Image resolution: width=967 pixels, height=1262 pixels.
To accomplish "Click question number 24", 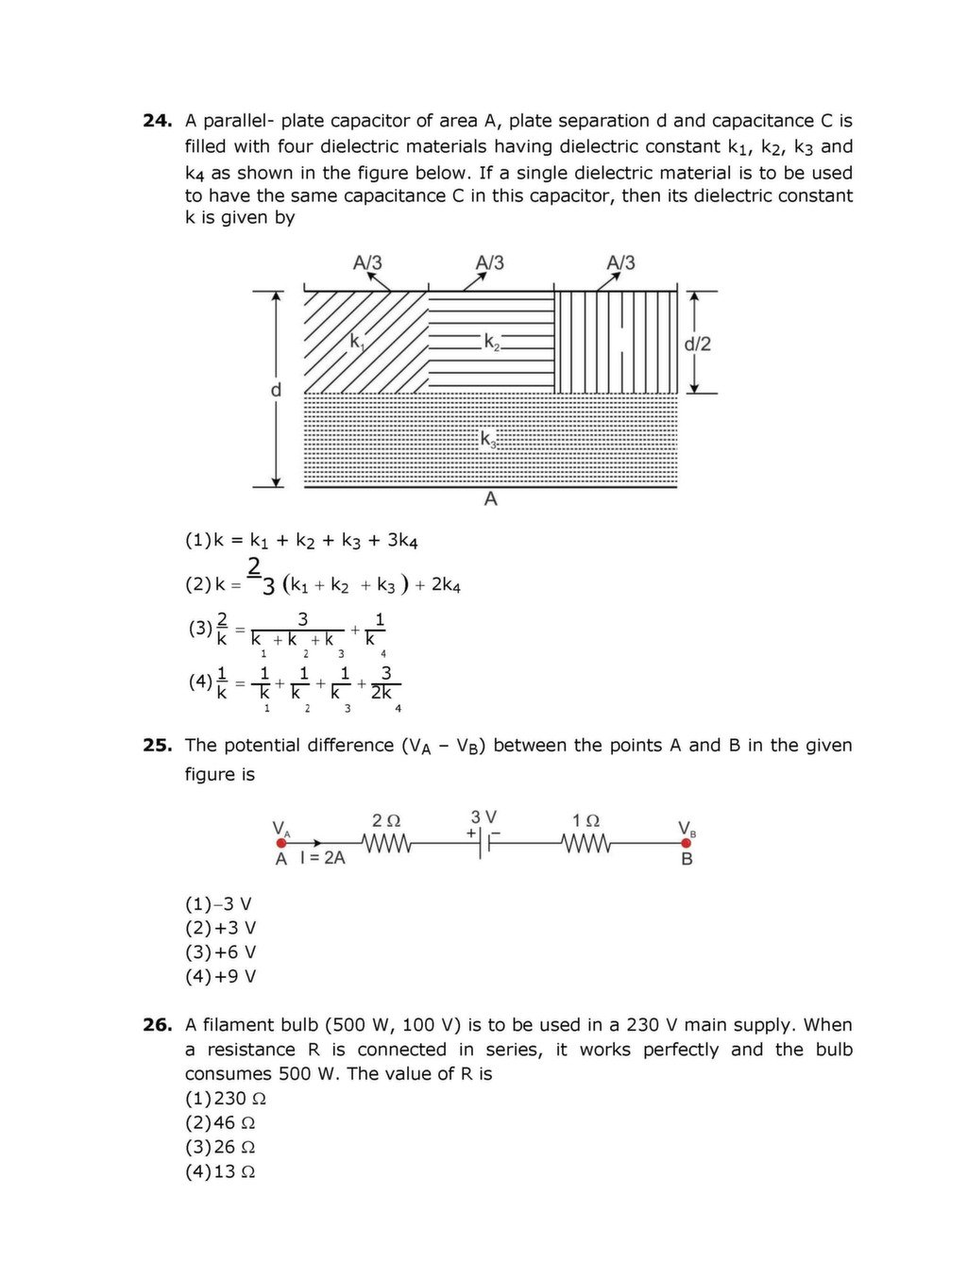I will click(x=157, y=121).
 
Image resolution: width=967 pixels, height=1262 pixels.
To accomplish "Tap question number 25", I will click(x=157, y=746).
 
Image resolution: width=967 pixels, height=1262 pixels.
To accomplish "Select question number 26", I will click(x=157, y=1025).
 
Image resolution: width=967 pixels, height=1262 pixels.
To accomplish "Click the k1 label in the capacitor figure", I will click(x=357, y=342).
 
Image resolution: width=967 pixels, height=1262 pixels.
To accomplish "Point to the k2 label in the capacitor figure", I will click(x=492, y=342).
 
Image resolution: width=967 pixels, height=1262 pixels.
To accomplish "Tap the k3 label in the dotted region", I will click(x=488, y=440).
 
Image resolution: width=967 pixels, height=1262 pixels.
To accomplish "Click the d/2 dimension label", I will click(x=697, y=344).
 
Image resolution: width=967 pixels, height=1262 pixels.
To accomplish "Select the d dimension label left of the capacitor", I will click(x=276, y=390).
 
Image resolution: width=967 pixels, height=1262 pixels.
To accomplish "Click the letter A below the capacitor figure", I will click(x=490, y=499).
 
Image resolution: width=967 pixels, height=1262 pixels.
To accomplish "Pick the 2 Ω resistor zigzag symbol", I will click(x=386, y=843).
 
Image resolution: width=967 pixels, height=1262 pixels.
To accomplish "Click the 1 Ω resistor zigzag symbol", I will click(x=586, y=843).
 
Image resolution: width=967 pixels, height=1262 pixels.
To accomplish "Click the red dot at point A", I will click(x=280, y=843).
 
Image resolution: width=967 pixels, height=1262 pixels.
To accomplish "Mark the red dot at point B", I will click(x=687, y=843).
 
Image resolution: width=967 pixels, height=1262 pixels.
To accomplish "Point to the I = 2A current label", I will click(x=322, y=859).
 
